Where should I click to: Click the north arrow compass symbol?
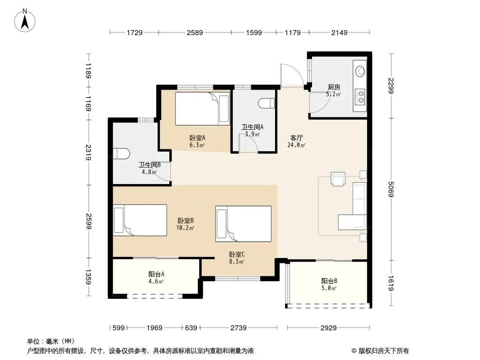(25, 21)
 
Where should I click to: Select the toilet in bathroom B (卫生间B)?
(121, 153)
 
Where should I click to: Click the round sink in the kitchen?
(360, 71)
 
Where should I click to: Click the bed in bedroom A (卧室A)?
(202, 108)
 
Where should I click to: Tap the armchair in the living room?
(338, 179)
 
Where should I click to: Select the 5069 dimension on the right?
(391, 189)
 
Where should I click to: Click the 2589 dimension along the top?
(195, 32)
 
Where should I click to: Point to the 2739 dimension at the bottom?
(239, 328)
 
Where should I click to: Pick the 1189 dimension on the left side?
(88, 71)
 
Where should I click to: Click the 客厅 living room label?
(296, 138)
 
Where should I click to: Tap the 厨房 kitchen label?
(334, 87)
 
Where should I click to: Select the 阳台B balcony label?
(329, 281)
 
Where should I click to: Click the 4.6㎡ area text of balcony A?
(156, 281)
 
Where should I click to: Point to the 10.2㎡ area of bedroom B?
(185, 228)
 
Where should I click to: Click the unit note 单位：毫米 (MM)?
(51, 342)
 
